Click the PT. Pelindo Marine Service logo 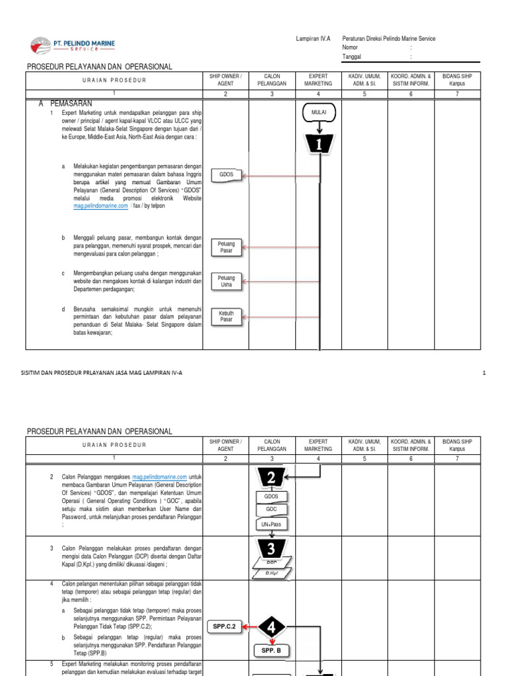73,46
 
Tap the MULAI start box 319,113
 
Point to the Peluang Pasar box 226,248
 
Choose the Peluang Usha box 226,281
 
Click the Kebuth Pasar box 226,316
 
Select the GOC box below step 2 271,510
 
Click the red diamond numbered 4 271,626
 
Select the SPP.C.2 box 225,626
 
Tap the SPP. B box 271,651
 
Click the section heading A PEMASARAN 65,104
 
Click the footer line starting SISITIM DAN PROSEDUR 102,373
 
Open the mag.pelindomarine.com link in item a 100,206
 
